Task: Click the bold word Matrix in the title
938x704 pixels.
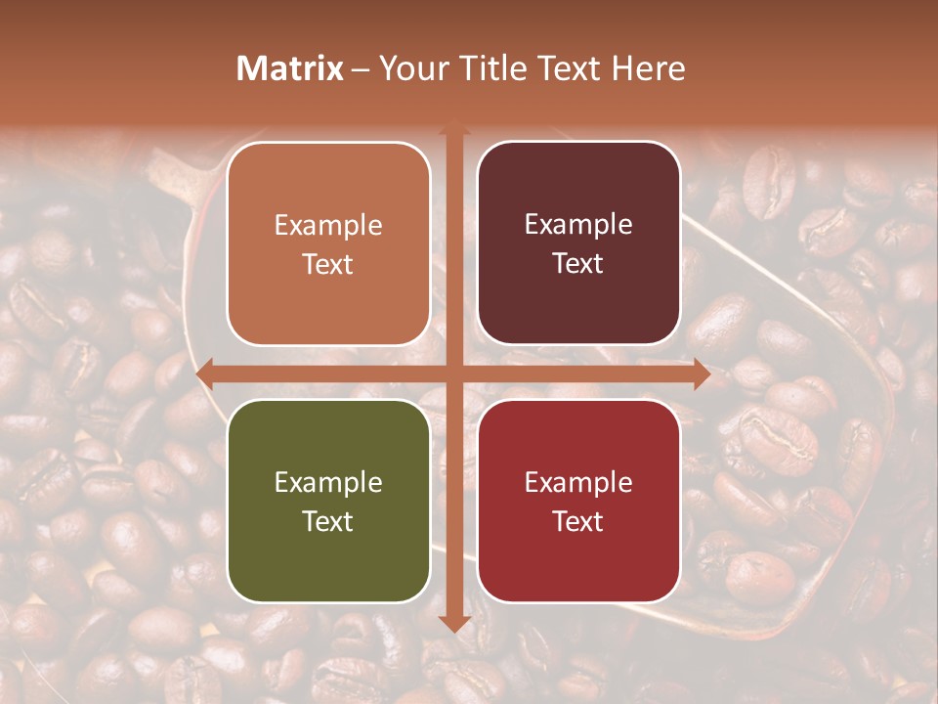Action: point(290,68)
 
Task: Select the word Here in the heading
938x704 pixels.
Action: point(649,68)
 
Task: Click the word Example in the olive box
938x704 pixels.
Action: point(328,483)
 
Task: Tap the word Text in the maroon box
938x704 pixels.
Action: point(578,264)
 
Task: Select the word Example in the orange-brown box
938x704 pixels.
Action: point(328,226)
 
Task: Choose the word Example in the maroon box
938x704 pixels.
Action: point(578,225)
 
